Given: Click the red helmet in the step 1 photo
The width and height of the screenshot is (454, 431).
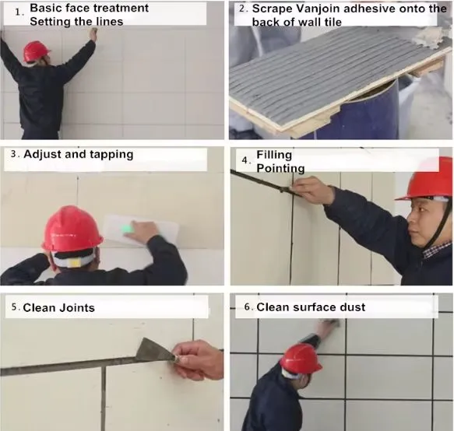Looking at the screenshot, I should point(36,51).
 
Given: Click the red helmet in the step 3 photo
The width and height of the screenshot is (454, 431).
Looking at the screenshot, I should point(72,230).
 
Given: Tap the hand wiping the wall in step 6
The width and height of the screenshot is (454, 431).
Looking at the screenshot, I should point(330,328).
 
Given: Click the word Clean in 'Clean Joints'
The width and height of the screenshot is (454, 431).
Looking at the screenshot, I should point(38,308).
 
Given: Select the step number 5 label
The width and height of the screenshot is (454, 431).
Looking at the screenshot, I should point(16,308).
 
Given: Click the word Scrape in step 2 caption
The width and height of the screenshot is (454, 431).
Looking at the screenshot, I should point(271,9).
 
